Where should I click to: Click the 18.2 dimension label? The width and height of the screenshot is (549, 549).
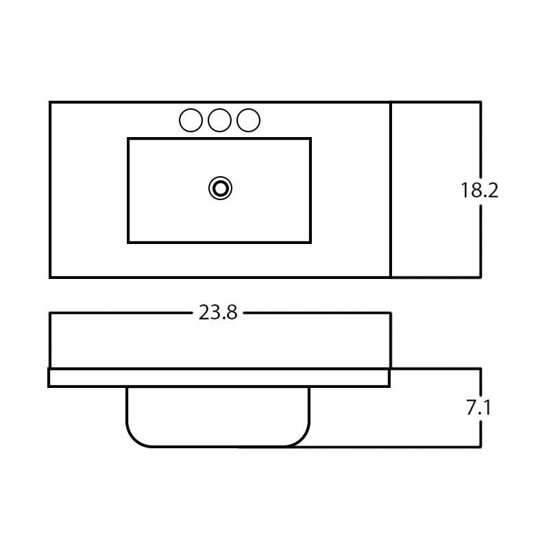(x=479, y=191)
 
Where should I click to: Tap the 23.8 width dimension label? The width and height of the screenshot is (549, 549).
(x=218, y=313)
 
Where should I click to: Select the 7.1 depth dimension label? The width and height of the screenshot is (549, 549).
(x=479, y=408)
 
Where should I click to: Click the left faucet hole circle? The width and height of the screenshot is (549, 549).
(x=191, y=121)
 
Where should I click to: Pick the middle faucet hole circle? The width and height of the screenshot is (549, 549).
(x=219, y=121)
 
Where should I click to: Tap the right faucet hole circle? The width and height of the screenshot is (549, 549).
(x=248, y=121)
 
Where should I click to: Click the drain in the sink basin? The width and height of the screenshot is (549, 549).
(x=220, y=188)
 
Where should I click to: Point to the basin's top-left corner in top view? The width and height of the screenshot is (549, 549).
(x=128, y=138)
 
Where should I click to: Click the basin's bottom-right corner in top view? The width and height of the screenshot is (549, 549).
(x=310, y=242)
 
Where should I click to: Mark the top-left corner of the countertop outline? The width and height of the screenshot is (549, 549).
(x=50, y=102)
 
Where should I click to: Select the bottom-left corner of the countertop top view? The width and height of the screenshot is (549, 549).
(x=50, y=277)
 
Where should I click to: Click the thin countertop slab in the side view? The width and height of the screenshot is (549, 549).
(x=219, y=378)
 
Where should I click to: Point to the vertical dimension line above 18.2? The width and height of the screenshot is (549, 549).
(x=480, y=141)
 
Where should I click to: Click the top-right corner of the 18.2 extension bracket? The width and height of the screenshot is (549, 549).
(x=480, y=102)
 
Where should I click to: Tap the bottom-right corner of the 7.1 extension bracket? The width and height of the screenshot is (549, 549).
(x=480, y=447)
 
